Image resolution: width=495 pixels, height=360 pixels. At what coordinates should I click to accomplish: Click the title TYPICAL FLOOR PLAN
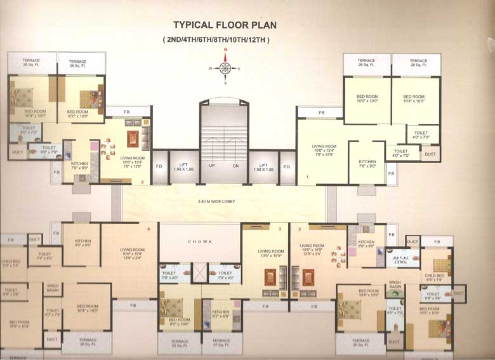tap(225, 25)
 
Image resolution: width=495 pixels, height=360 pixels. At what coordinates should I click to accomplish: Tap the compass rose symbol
tap(225, 69)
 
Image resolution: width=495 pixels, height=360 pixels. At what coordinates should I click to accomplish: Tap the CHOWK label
tap(199, 242)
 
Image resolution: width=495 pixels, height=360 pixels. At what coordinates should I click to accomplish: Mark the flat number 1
tap(307, 177)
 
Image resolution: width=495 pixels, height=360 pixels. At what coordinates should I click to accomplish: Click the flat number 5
tap(143, 182)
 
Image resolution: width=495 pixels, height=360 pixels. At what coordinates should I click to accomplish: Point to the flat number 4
tap(148, 228)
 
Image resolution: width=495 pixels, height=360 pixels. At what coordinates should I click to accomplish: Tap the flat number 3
tap(279, 228)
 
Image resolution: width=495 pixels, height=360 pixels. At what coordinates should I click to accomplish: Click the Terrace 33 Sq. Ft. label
tap(180, 342)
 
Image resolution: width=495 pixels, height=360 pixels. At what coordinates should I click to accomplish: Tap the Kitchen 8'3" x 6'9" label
tap(221, 314)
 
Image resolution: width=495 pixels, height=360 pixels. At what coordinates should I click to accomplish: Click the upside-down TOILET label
tap(399, 260)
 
